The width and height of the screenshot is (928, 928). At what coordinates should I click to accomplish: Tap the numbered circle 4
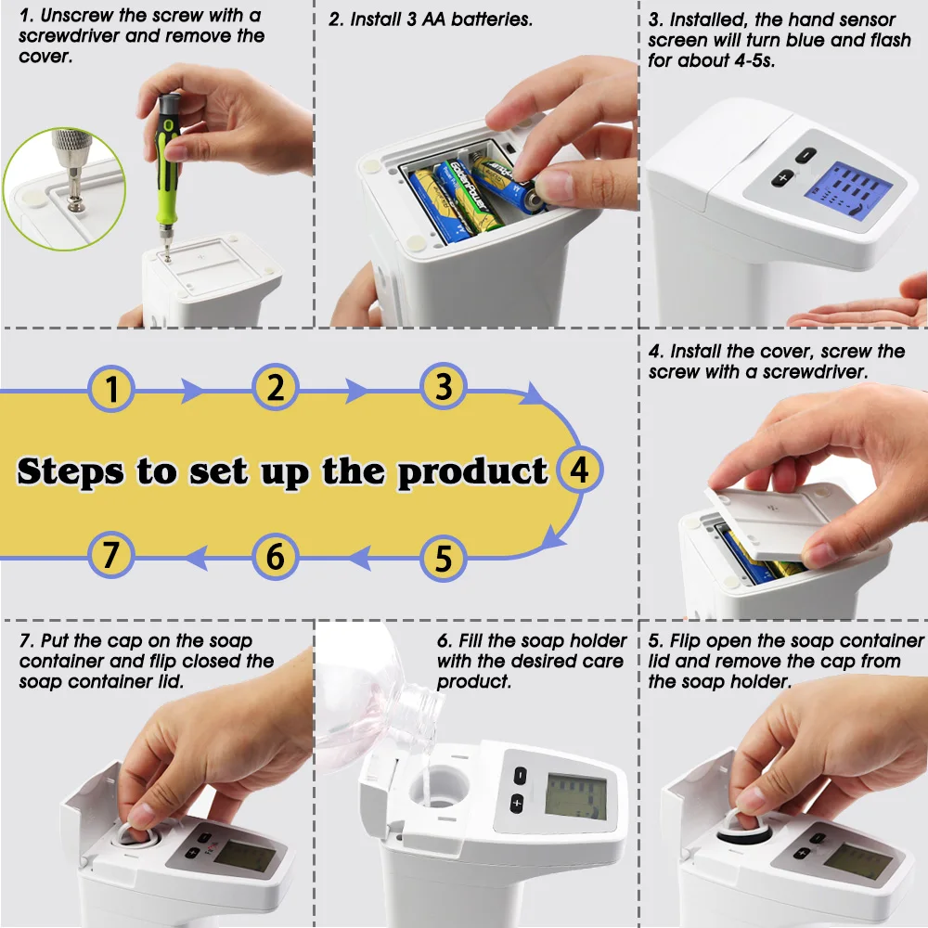coord(579,470)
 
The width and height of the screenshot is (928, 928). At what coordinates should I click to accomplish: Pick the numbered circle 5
coord(444,559)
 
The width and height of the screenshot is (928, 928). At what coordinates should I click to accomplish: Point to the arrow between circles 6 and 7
coord(194,556)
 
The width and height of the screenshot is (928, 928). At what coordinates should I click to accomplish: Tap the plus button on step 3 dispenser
coord(783,177)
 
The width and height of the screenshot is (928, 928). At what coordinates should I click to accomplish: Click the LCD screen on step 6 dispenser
coord(574,797)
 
